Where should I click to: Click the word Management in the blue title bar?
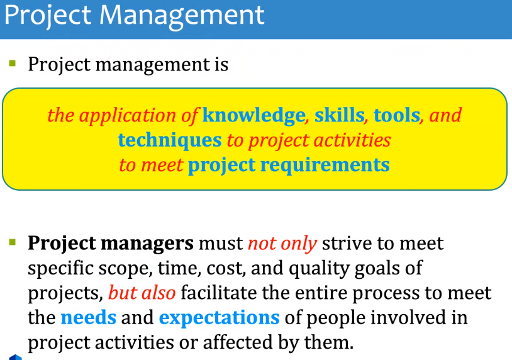point(182,16)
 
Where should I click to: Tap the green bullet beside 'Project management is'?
point(13,63)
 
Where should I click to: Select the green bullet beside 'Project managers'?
point(13,242)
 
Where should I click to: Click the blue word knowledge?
point(253,116)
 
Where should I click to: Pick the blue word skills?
point(339,115)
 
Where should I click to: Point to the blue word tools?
point(397,116)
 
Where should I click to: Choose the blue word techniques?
point(170,141)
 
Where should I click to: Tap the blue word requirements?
point(325,166)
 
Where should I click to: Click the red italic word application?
point(127,116)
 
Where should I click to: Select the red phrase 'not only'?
point(282,244)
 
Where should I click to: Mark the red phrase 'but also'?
point(142,293)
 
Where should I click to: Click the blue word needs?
point(89,318)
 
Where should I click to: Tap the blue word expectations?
point(219,318)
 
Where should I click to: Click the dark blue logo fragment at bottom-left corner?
point(15,357)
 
